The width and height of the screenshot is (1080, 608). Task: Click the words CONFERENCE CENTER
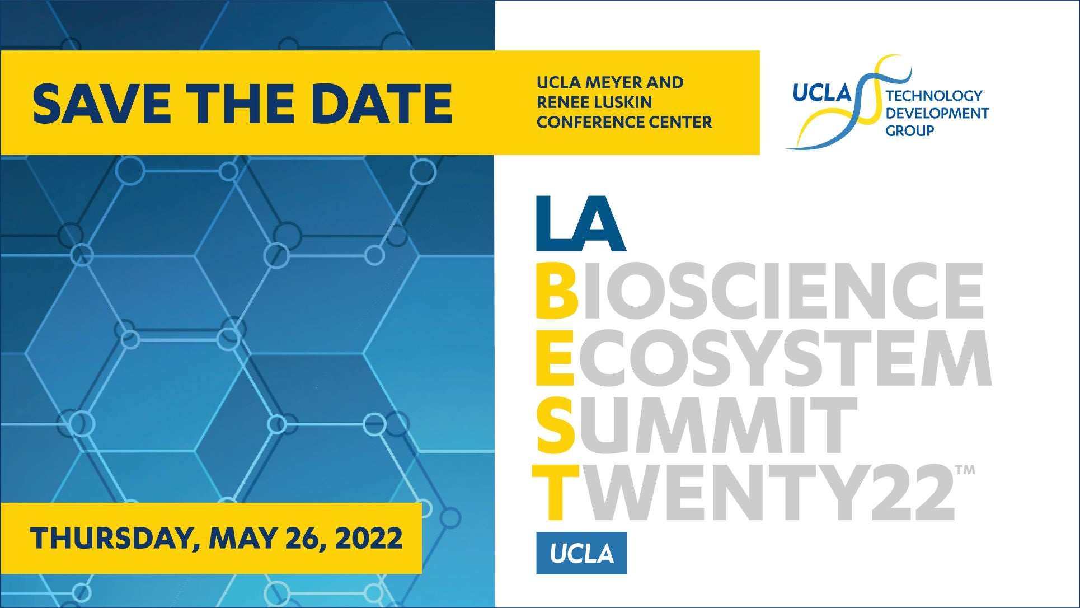[624, 121]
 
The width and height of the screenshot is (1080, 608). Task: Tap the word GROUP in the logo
[910, 130]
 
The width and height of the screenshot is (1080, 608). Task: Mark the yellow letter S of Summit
[556, 425]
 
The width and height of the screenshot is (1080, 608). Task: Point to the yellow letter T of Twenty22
[556, 492]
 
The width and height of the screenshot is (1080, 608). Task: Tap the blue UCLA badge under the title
[581, 553]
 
